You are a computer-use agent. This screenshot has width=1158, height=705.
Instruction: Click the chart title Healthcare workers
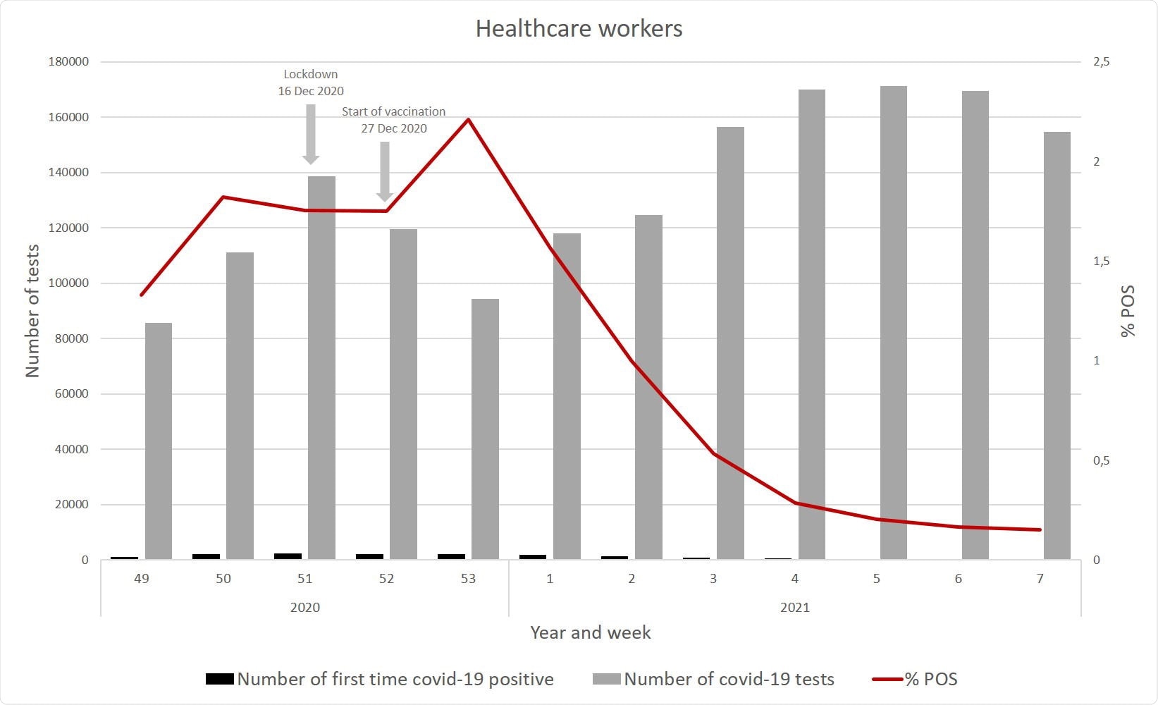coord(579,29)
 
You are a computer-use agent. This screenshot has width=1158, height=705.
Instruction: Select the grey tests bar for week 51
coord(321,367)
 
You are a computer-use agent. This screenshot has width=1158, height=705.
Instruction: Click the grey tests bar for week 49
coord(159,441)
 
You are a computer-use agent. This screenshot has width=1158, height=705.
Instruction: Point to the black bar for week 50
coord(206,556)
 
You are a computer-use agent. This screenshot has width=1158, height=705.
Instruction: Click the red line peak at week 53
coord(468,120)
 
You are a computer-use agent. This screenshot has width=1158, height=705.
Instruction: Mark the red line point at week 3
coord(714,454)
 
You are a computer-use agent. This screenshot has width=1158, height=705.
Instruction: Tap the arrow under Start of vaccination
coord(385,171)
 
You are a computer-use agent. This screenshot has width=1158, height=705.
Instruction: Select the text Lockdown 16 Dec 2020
coord(311,82)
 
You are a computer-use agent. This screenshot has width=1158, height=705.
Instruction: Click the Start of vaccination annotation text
coord(394,120)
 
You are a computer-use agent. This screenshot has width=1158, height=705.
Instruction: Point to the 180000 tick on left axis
coord(68,62)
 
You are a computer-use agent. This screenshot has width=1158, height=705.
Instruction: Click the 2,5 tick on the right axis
coord(1101,62)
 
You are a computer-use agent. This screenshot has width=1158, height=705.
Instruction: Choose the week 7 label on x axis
coord(1040,579)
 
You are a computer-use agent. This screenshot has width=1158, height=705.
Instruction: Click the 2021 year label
coord(795,608)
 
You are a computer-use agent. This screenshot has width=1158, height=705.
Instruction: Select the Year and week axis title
coord(591,632)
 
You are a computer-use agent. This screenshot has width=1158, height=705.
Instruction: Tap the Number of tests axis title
coord(33,311)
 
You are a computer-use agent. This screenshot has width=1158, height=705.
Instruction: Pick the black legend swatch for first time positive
coord(219,680)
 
